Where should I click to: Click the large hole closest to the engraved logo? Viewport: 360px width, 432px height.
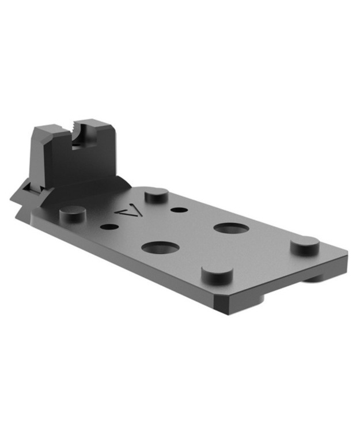coord(160,248)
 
